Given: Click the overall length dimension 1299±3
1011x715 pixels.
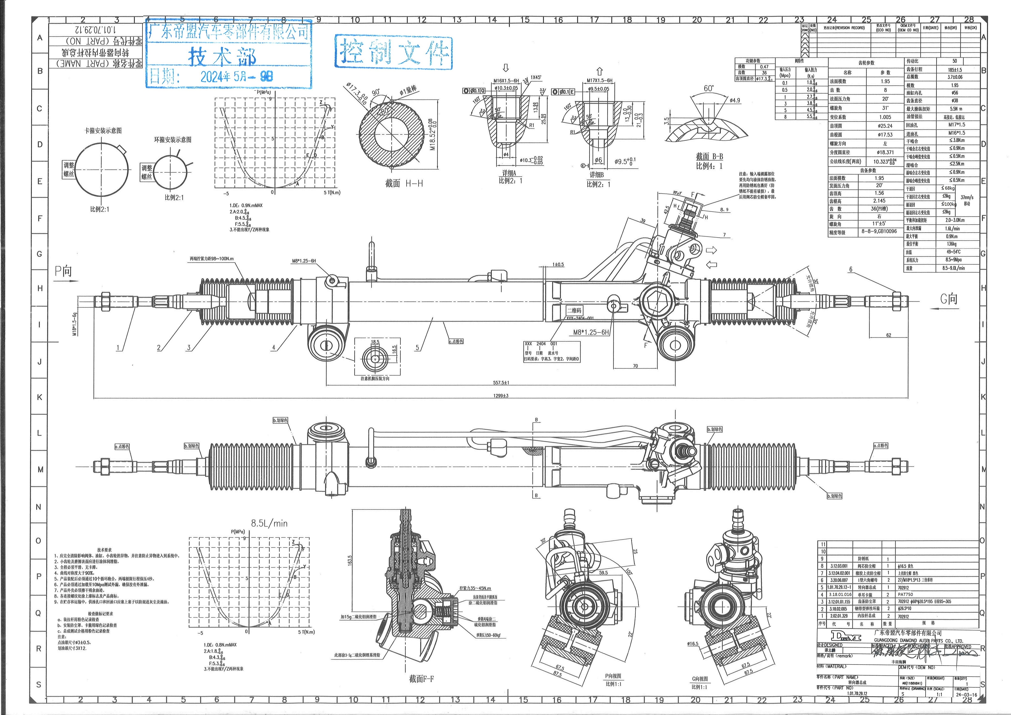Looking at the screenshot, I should click(501, 396).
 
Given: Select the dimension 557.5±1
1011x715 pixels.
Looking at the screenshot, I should click(501, 382).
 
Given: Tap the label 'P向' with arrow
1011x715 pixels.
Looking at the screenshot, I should click(63, 271).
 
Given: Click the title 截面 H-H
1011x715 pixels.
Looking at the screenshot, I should click(404, 183).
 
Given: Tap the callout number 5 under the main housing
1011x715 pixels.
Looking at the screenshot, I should click(417, 348).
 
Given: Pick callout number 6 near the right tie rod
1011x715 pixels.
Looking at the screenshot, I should click(851, 269).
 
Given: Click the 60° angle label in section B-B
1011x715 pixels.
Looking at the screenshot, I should click(708, 88).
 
